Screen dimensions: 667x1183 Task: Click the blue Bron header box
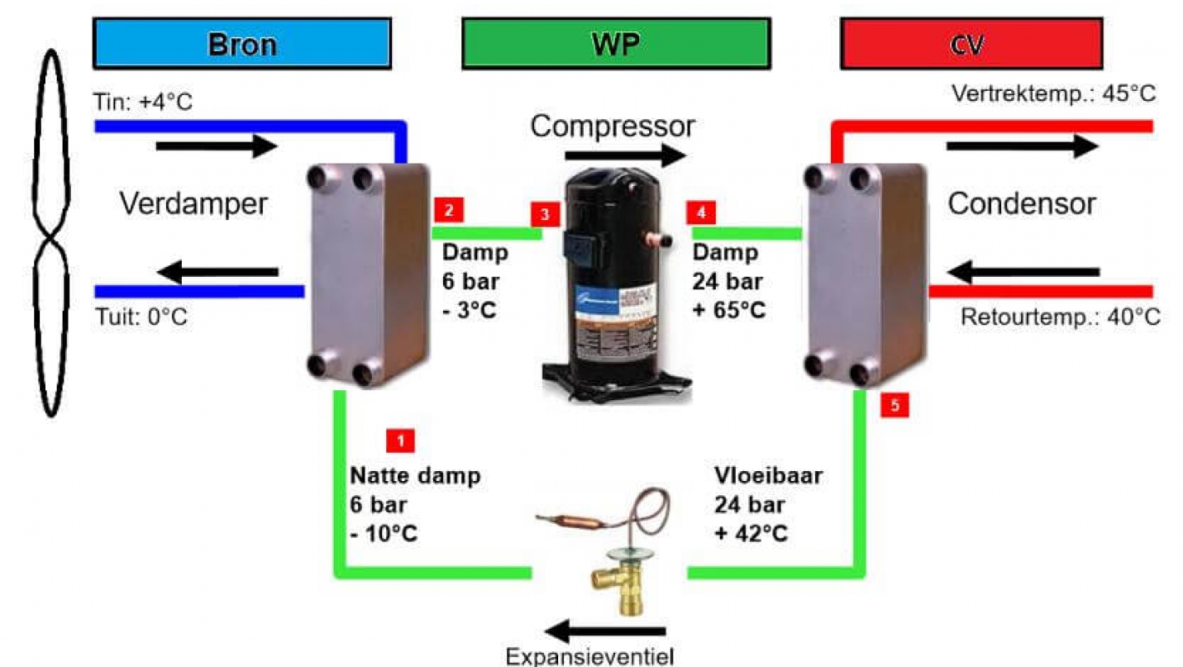point(242,44)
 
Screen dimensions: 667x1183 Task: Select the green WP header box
point(615,44)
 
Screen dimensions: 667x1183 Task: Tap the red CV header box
point(972,44)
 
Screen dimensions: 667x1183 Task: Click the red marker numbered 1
point(400,440)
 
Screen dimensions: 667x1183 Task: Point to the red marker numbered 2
point(449,210)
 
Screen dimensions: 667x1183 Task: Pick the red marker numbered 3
point(545,214)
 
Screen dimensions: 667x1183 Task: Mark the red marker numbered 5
point(895,405)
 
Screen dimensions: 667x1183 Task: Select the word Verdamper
point(194,203)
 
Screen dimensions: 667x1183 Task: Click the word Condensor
point(1021,203)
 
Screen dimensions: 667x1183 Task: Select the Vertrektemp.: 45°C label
point(1054,93)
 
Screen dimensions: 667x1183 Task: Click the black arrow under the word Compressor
point(626,155)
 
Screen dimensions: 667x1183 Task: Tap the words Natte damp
point(415,476)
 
